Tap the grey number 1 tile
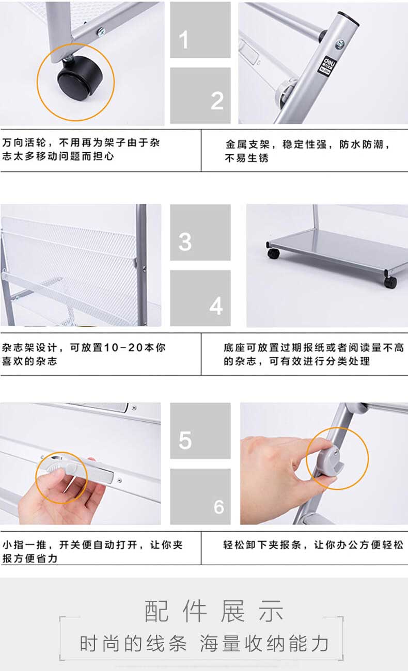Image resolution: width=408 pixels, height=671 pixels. [x=200, y=29]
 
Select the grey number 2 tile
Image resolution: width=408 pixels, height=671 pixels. [x=200, y=95]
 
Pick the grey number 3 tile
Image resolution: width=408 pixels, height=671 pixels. [x=200, y=232]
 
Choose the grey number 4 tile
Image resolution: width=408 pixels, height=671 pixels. [x=200, y=298]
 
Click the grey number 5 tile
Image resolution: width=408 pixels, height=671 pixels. [x=200, y=431]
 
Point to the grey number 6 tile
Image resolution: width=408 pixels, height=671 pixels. [x=200, y=497]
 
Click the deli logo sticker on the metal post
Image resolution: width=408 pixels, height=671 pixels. [x=327, y=65]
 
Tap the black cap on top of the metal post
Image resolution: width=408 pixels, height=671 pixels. [x=349, y=18]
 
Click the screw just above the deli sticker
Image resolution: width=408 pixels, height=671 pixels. [x=340, y=44]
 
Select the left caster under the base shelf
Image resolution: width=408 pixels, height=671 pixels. [x=273, y=253]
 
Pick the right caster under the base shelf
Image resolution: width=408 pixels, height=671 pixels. [x=390, y=282]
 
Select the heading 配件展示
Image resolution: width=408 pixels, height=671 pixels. [x=214, y=611]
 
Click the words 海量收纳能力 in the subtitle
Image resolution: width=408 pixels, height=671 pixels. [x=264, y=644]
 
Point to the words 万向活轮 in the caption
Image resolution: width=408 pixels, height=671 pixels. [x=24, y=142]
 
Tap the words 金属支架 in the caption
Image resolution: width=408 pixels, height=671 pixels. [x=247, y=145]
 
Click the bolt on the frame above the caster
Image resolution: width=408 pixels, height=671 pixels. [x=101, y=32]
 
